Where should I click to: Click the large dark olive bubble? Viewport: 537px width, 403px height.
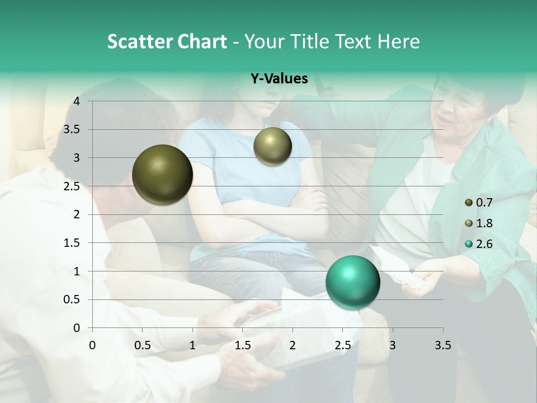pyautogui.click(x=162, y=175)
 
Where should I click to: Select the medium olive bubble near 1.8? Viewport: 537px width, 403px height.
pyautogui.click(x=272, y=146)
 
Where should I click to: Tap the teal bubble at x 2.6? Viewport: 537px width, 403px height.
pyautogui.click(x=352, y=282)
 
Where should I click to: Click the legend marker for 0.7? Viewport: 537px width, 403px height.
pyautogui.click(x=469, y=202)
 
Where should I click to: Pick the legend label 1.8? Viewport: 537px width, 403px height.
pyautogui.click(x=484, y=223)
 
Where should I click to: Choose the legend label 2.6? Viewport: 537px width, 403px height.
pyautogui.click(x=484, y=244)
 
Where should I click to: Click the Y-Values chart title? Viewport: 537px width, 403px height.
pyautogui.click(x=279, y=79)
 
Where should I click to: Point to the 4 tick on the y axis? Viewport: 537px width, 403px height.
pyautogui.click(x=77, y=101)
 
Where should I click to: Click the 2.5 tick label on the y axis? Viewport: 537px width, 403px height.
pyautogui.click(x=73, y=186)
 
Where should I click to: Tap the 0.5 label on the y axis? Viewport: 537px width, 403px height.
pyautogui.click(x=73, y=299)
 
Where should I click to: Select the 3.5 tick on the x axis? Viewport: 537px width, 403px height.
pyautogui.click(x=443, y=345)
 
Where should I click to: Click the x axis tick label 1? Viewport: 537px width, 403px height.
pyautogui.click(x=192, y=345)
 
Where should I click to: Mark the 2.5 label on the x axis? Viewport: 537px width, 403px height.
pyautogui.click(x=342, y=345)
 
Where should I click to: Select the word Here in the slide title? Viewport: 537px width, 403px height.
pyautogui.click(x=399, y=41)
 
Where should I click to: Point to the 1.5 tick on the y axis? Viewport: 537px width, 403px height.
pyautogui.click(x=73, y=243)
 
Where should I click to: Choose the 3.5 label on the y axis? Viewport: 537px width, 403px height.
pyautogui.click(x=73, y=130)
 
